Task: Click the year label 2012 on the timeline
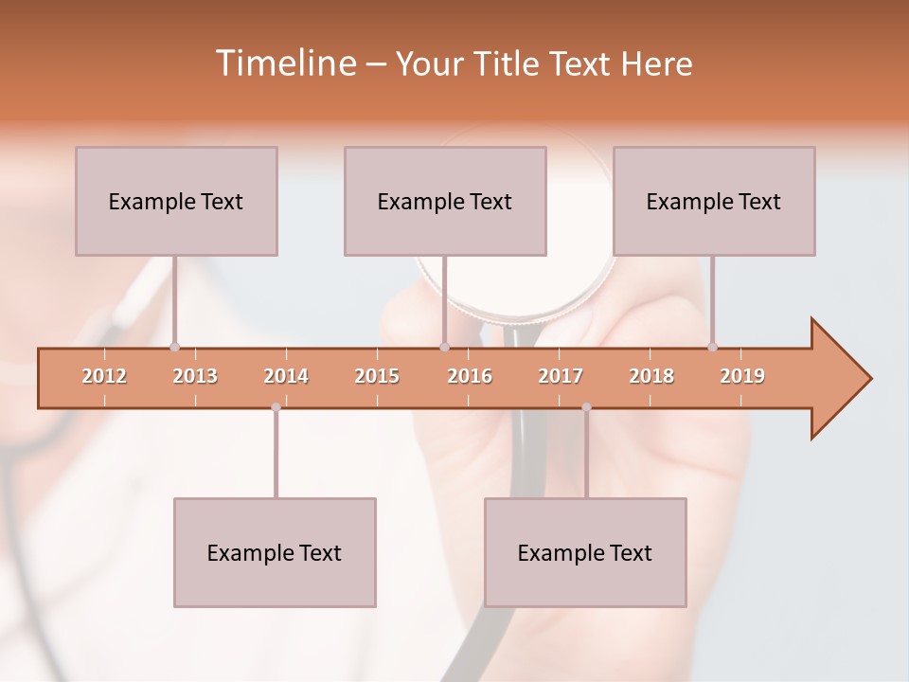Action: tap(104, 376)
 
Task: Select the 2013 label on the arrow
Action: tap(195, 376)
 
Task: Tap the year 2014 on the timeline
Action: tap(286, 376)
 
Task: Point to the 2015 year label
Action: tap(377, 376)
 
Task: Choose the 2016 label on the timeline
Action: tap(470, 376)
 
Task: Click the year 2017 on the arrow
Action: tap(561, 376)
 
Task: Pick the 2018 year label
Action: tap(651, 376)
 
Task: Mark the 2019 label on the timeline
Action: tap(742, 376)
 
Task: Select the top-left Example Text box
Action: tap(176, 201)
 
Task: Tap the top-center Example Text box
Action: tap(445, 201)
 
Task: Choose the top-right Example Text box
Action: tap(714, 201)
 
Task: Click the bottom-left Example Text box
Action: tap(275, 552)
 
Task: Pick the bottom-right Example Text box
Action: tap(585, 552)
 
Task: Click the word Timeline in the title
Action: tap(285, 63)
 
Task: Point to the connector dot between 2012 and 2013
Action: tap(174, 347)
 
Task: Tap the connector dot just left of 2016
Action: tap(444, 347)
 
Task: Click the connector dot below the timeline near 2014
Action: tap(276, 407)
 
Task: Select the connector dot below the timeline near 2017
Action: tap(586, 407)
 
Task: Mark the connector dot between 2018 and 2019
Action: tap(712, 347)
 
